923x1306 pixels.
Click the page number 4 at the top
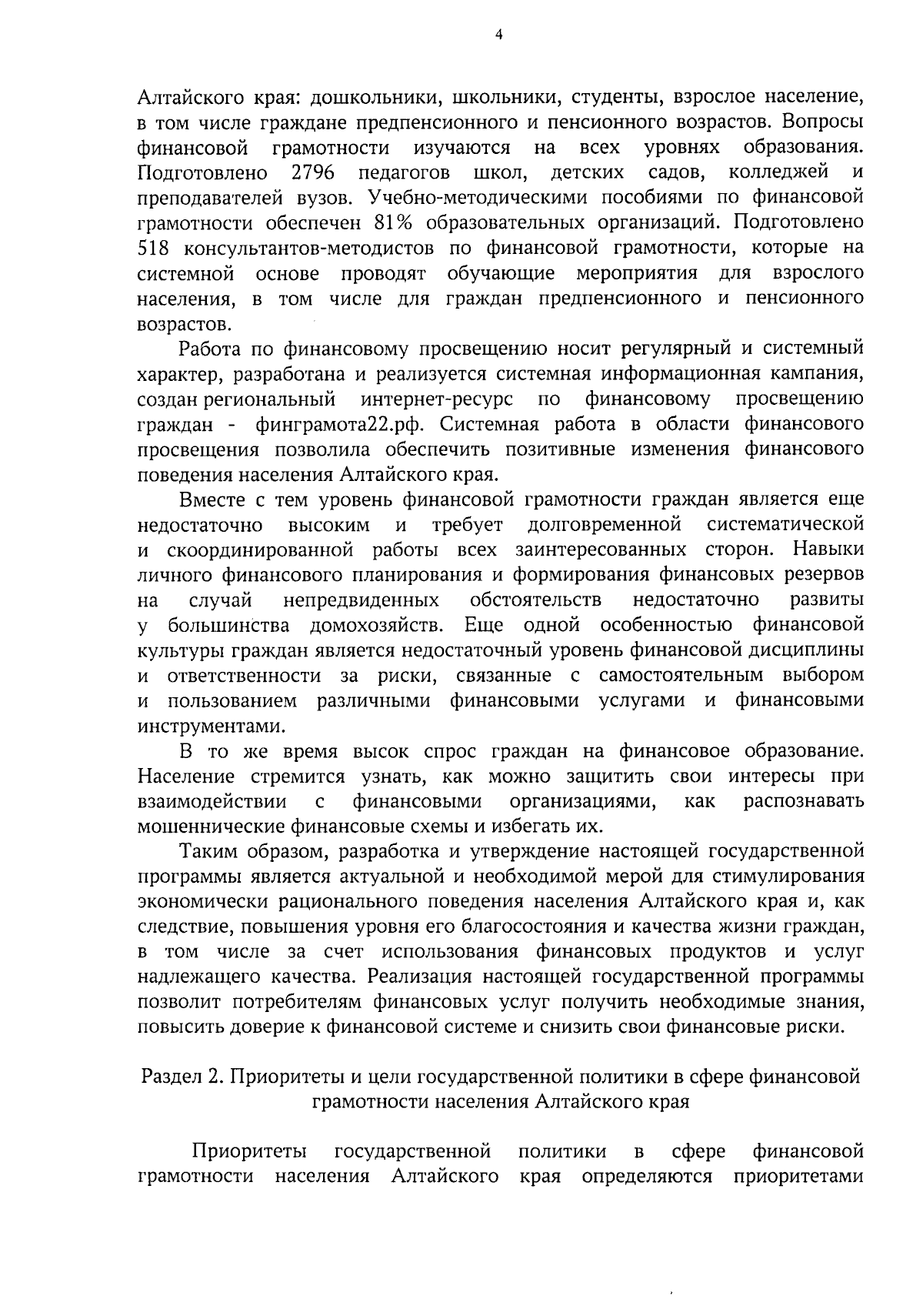click(x=498, y=35)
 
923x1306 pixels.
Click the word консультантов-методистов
click(x=314, y=248)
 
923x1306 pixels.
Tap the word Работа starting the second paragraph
click(x=210, y=349)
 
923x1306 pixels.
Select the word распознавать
click(x=803, y=800)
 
